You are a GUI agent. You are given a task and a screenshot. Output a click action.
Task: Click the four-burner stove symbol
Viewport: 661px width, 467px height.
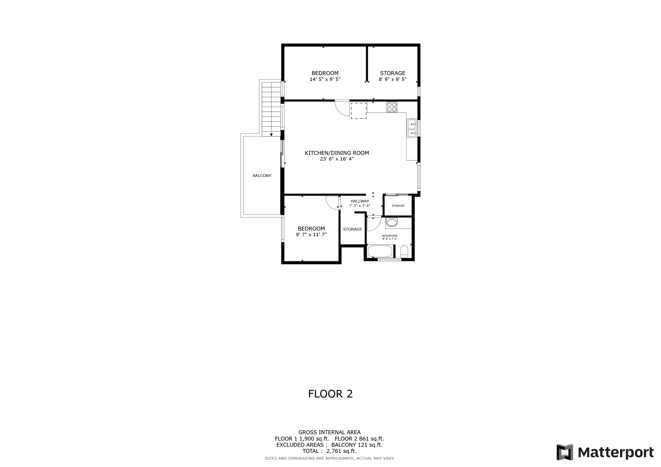392,107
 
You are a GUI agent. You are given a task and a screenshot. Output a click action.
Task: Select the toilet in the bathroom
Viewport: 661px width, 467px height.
404,251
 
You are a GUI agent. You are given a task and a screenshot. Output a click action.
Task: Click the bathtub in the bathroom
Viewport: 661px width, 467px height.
380,251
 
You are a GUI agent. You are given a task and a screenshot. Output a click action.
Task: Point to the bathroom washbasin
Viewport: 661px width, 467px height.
391,222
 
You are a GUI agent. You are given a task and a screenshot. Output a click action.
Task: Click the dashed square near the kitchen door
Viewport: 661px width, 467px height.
358,111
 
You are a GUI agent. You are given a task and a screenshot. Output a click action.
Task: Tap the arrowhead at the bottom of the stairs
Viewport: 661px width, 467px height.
271,135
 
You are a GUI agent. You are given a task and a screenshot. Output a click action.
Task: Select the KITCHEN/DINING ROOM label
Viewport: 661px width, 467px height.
337,153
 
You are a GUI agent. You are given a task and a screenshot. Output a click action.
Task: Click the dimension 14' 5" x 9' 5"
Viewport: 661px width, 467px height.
325,79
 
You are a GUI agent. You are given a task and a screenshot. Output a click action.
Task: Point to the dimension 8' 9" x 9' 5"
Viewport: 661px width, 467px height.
392,79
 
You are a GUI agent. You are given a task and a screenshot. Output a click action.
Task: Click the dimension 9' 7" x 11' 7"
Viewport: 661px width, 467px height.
311,235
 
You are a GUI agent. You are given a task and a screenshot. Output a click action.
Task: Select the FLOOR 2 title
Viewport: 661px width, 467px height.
330,394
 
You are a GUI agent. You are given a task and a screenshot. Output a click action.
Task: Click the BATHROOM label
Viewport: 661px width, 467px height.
390,236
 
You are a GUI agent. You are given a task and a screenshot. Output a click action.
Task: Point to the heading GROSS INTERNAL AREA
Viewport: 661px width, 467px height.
329,432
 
